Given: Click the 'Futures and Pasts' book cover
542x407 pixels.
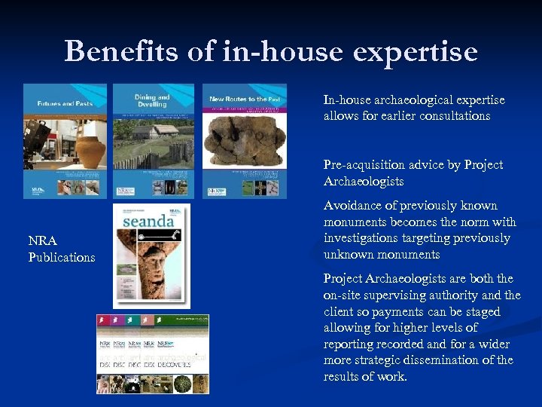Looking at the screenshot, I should pyautogui.click(x=65, y=141).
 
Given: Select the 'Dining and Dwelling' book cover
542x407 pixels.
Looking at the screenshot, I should pyautogui.click(x=154, y=141).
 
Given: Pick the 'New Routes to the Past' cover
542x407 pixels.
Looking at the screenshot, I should pyautogui.click(x=245, y=141).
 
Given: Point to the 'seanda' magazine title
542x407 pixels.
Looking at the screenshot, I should pyautogui.click(x=149, y=221).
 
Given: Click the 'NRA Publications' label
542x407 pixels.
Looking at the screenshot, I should pyautogui.click(x=61, y=249).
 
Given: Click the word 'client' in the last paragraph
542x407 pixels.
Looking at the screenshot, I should pyautogui.click(x=340, y=311).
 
